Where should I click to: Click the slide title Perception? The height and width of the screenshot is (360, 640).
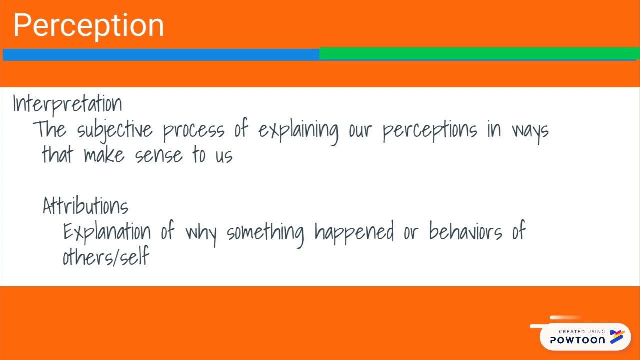[x=88, y=26]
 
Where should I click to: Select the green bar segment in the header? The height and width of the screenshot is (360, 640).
[x=479, y=53]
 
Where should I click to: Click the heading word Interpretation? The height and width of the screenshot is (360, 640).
[x=67, y=104]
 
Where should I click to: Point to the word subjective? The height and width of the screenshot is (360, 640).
[x=115, y=130]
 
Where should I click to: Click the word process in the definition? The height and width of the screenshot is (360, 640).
[x=193, y=130]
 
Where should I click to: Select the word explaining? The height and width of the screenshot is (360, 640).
[x=298, y=130]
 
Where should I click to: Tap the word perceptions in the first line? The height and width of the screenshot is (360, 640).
[x=430, y=130]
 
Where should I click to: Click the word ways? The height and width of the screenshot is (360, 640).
[x=530, y=130]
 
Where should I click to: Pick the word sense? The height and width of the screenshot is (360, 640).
[x=159, y=155]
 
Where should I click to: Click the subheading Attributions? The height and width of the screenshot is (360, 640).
[x=85, y=206]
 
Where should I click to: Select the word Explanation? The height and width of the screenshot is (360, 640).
[x=107, y=232]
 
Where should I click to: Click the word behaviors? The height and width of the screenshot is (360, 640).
[x=465, y=232]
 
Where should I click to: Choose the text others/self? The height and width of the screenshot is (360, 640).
[x=106, y=257]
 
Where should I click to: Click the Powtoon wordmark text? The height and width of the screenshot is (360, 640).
[x=577, y=340]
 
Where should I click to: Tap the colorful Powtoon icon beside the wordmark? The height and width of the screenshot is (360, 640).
[x=617, y=337]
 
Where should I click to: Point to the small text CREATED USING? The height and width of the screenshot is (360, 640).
[x=581, y=331]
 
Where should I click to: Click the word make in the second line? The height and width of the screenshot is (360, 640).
[x=104, y=155]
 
